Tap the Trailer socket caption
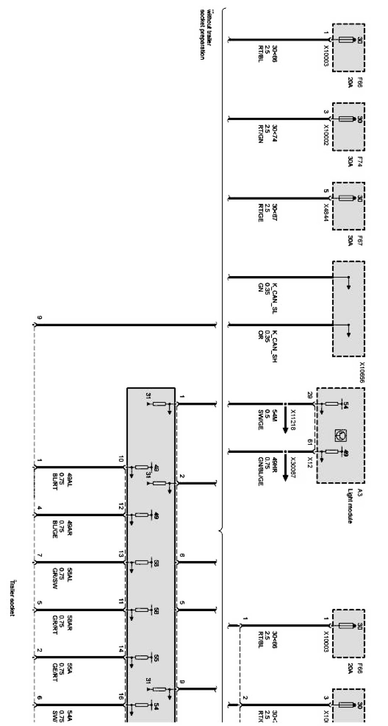[12, 598]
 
